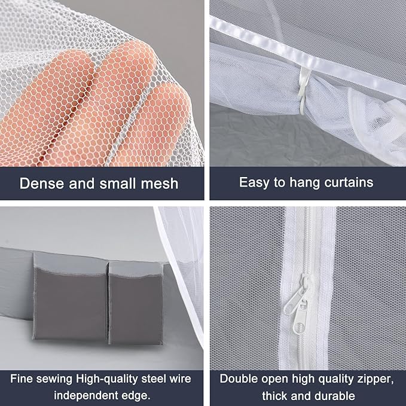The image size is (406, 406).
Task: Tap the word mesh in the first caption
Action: pyautogui.click(x=158, y=183)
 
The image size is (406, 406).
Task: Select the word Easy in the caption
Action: pyautogui.click(x=254, y=182)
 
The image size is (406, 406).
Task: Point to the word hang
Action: pyautogui.click(x=307, y=182)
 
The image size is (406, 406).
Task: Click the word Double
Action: pyautogui.click(x=239, y=378)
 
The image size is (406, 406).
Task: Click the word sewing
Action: pyautogui.click(x=57, y=378)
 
